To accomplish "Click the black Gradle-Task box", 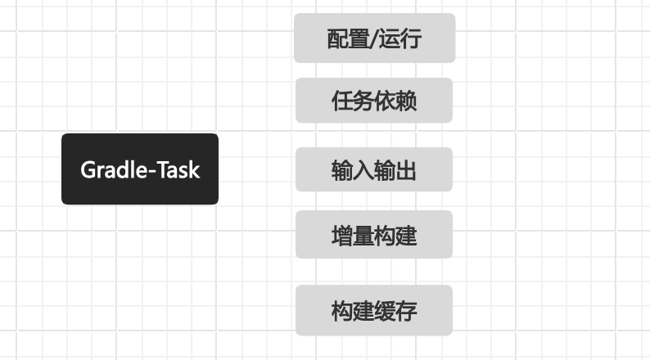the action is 140,169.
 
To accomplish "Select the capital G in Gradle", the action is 88,170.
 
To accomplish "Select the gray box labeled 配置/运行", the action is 375,38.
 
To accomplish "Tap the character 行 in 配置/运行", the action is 411,39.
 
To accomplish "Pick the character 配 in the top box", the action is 337,39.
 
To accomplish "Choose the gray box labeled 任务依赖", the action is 374,101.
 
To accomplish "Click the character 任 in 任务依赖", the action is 342,101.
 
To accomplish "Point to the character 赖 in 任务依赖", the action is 406,101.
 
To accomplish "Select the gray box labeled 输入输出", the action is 374,169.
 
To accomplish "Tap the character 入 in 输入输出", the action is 363,171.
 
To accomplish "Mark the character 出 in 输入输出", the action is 405,171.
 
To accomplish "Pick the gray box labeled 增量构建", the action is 374,235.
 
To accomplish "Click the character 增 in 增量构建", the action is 342,236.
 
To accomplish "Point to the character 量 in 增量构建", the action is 363,236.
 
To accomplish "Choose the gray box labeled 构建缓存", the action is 374,310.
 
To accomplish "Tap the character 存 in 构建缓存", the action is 406,311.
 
